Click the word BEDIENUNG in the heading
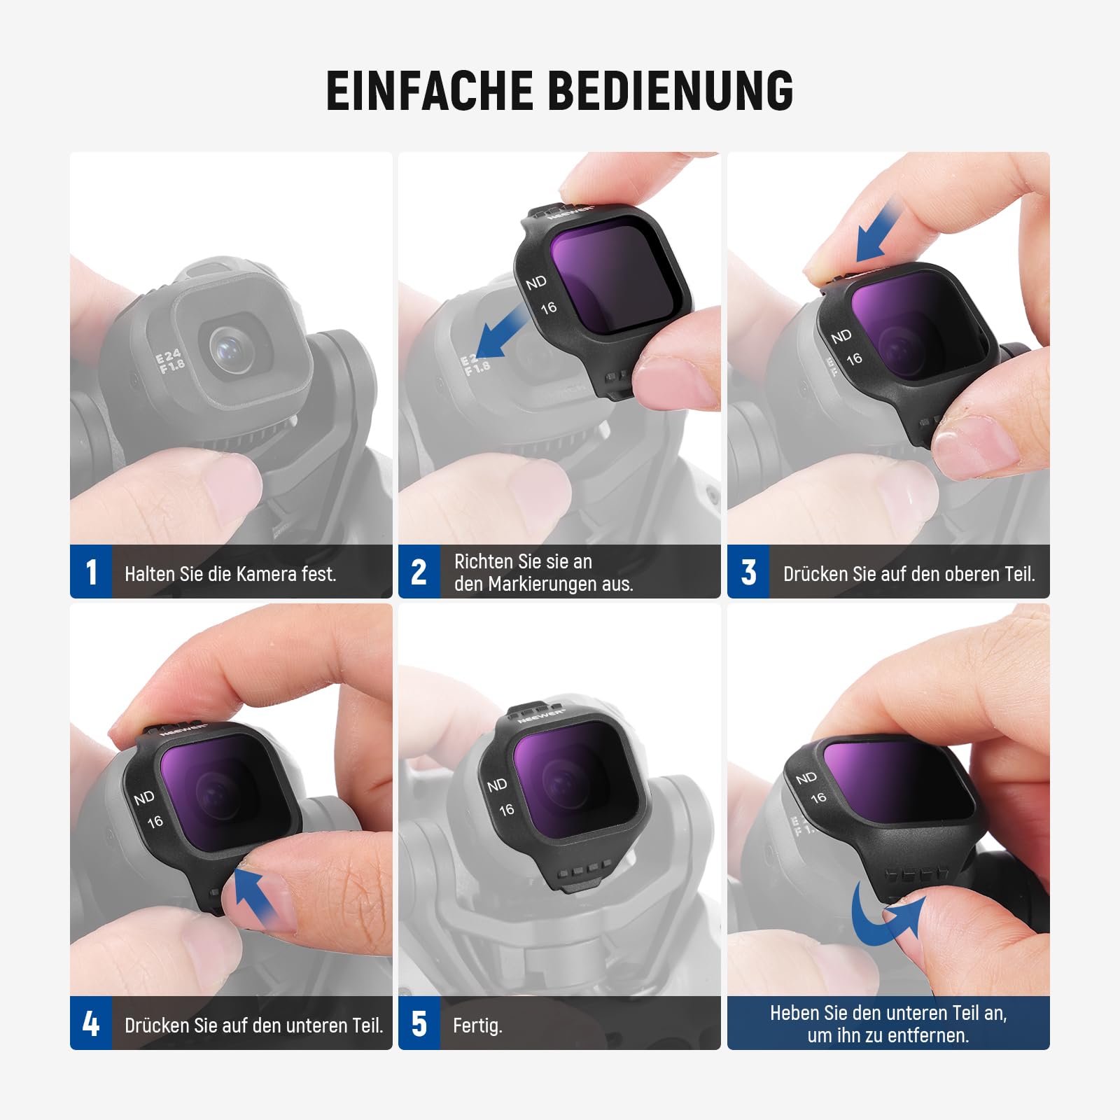click(x=671, y=90)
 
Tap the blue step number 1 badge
click(x=91, y=572)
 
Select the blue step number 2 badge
click(x=419, y=572)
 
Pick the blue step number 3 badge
click(x=748, y=572)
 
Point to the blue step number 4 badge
click(x=91, y=1023)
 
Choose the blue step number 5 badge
click(x=419, y=1023)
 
